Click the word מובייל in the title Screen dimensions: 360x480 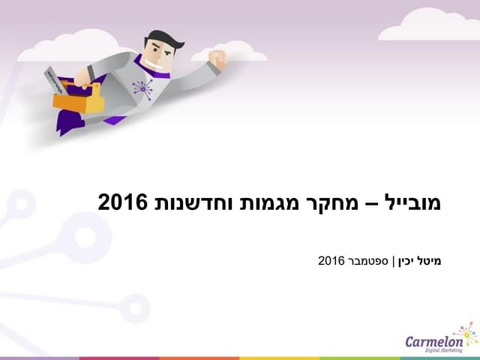415,202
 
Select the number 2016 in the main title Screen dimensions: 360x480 124,202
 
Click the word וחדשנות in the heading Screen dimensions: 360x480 198,202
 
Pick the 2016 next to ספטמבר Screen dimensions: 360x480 331,261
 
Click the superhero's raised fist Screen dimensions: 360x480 218,58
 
